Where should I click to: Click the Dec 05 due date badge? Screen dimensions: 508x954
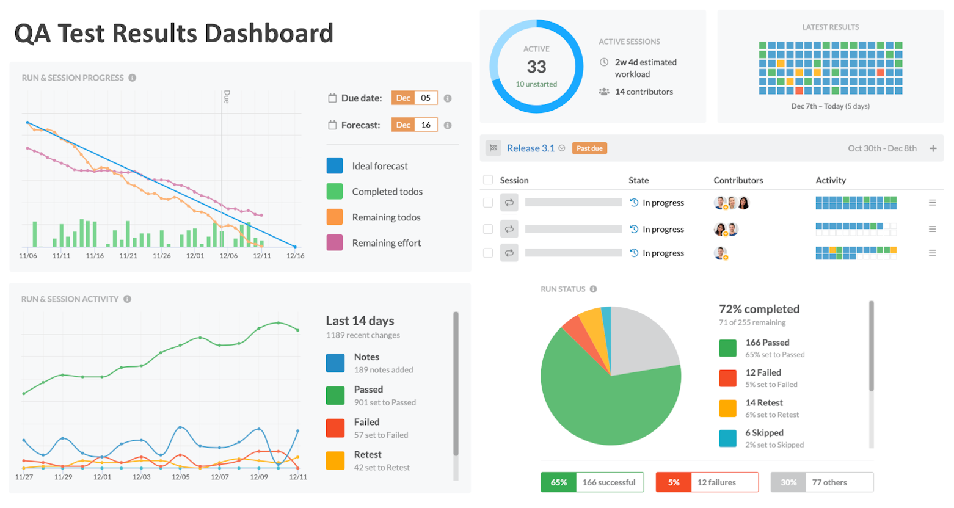point(414,98)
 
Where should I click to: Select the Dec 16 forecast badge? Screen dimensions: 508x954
point(414,125)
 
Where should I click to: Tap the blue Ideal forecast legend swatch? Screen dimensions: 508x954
point(335,165)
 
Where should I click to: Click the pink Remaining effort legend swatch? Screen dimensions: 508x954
point(335,242)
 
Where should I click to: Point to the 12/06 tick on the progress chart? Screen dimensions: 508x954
point(228,256)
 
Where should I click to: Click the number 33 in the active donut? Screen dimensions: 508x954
point(536,67)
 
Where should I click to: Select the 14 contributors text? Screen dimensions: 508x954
point(644,92)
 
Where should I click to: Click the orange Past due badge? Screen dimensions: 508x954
point(589,148)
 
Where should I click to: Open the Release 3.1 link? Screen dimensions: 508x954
point(530,148)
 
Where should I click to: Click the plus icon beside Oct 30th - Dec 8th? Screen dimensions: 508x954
point(933,148)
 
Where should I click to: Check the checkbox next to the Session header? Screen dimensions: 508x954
point(488,180)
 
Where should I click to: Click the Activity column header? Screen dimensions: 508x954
point(831,180)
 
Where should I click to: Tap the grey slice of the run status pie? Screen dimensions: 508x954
point(641,342)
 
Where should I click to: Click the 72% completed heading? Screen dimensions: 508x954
point(759,309)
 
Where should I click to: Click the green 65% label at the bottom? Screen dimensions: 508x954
point(558,482)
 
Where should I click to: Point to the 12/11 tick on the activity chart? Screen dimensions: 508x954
point(298,477)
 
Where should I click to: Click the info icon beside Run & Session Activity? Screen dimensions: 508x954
point(127,299)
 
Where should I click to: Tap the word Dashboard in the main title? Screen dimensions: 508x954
point(269,34)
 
